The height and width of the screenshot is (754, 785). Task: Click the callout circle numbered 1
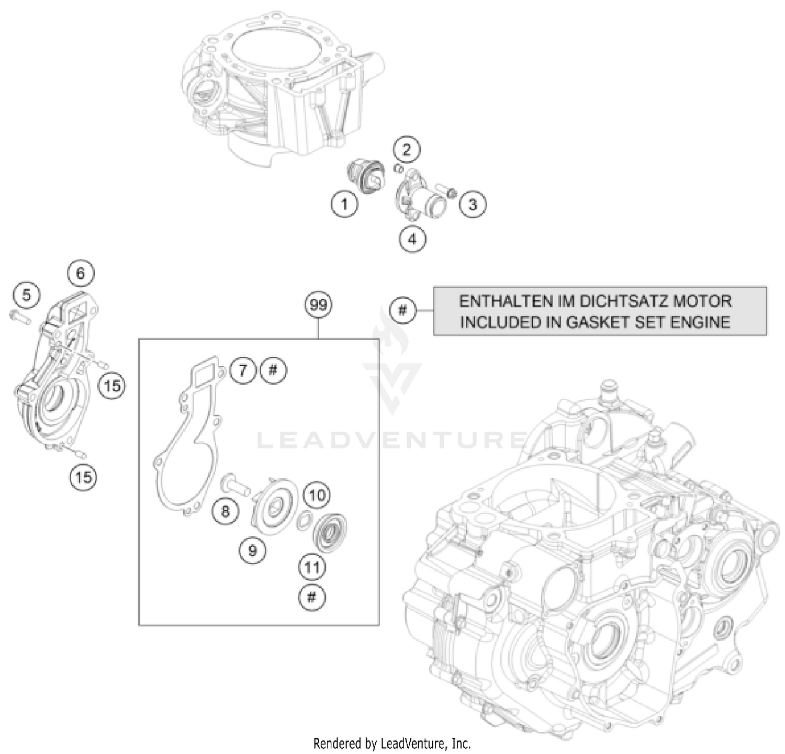344,204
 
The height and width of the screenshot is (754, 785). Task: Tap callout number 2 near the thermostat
407,150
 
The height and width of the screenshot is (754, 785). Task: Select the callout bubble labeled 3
472,204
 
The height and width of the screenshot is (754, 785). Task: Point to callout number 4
412,239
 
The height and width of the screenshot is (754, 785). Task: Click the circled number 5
27,295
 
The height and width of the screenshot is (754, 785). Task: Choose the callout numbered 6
81,273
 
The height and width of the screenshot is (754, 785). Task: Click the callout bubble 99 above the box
318,305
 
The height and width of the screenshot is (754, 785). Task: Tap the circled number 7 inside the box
243,370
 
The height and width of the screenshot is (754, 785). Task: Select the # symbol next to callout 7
273,370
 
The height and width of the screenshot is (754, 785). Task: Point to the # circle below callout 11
312,597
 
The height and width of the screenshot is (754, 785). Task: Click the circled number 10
317,494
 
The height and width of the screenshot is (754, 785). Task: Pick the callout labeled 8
226,510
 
